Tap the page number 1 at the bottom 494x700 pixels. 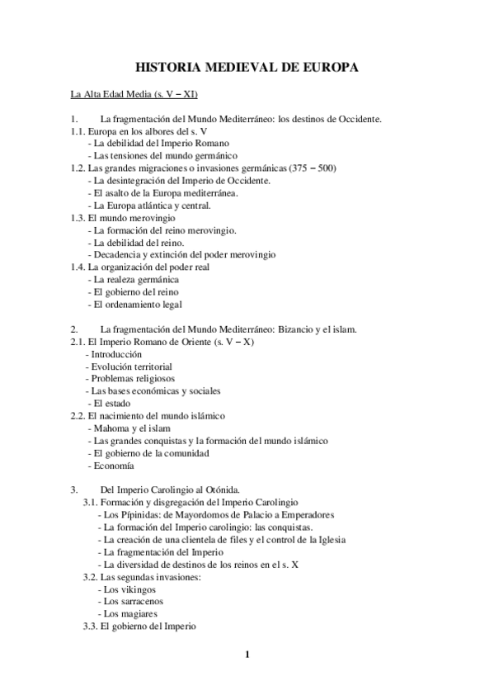click(247, 655)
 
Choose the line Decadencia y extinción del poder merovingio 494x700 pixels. click(181, 254)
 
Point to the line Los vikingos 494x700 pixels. click(126, 589)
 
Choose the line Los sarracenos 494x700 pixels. click(129, 602)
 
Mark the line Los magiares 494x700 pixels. click(127, 614)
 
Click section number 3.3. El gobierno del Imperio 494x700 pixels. click(91, 627)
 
